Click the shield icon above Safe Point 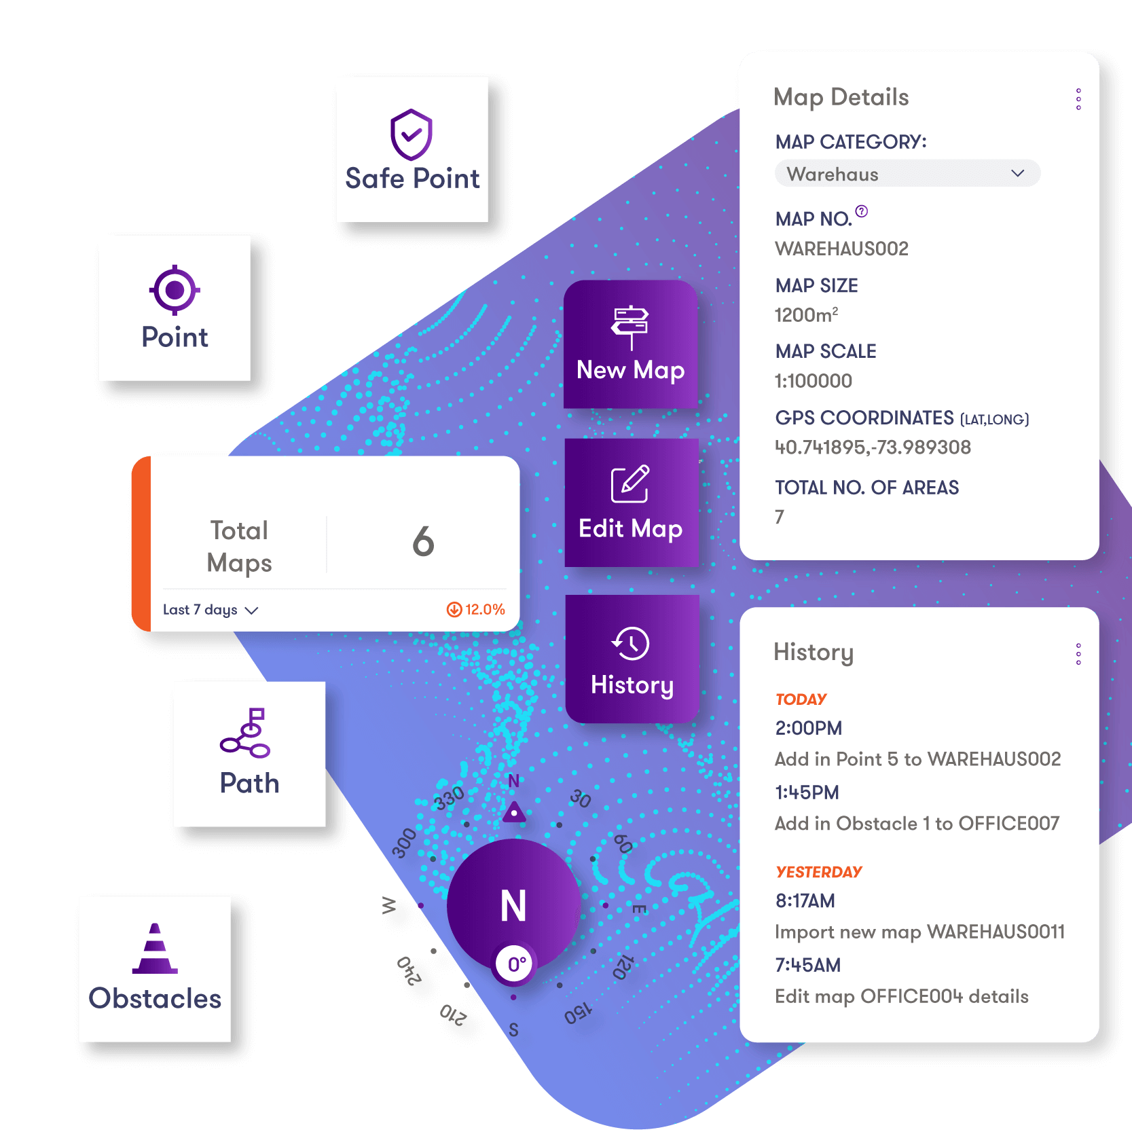click(x=412, y=134)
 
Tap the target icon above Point click(x=175, y=290)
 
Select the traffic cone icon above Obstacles click(x=155, y=949)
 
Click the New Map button click(x=631, y=344)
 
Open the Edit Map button click(x=631, y=503)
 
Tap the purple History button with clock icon click(x=632, y=659)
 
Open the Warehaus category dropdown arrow click(x=1017, y=173)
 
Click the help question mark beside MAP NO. click(x=862, y=211)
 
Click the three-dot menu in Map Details click(x=1078, y=99)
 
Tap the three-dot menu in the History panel click(x=1078, y=654)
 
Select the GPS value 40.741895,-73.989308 click(x=873, y=448)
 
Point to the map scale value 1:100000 click(x=814, y=381)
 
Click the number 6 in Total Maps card click(x=423, y=542)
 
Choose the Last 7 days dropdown click(x=211, y=610)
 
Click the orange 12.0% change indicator click(x=476, y=609)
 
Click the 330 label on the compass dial click(x=450, y=799)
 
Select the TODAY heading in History click(x=801, y=699)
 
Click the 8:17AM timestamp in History click(x=805, y=901)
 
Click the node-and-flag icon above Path click(x=247, y=733)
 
